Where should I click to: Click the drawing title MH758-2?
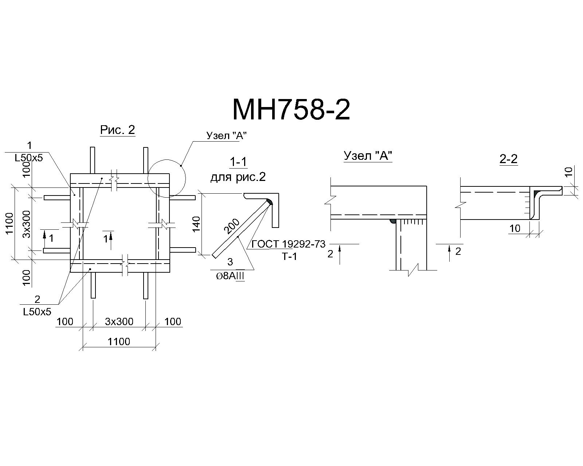pos(291,110)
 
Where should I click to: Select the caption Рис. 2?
pos(118,130)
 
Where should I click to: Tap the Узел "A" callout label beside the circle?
pos(226,135)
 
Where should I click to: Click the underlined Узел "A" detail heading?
pos(368,156)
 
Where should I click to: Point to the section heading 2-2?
pos(508,159)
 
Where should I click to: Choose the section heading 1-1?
pos(238,162)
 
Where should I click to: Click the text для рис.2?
pos(238,177)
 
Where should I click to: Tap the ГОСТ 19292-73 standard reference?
pos(289,244)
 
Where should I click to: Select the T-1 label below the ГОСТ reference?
pos(290,256)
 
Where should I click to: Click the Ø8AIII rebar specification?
pos(230,277)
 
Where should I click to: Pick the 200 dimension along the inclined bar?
pos(232,226)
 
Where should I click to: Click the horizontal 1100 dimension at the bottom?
pos(119,342)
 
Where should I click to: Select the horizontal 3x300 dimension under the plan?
pos(119,322)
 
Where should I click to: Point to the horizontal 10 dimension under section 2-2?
pos(515,229)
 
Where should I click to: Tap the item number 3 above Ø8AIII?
pos(230,262)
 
